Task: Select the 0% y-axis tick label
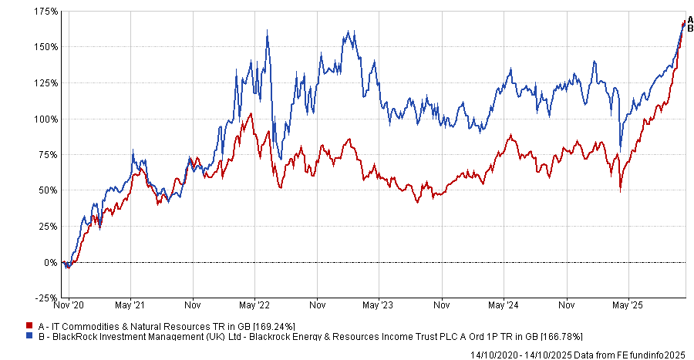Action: point(51,263)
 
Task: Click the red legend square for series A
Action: point(29,326)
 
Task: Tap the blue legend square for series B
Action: point(29,337)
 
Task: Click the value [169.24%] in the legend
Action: point(270,326)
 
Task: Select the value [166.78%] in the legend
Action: point(556,337)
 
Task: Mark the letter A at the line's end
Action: point(689,20)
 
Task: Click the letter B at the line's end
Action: point(689,29)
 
